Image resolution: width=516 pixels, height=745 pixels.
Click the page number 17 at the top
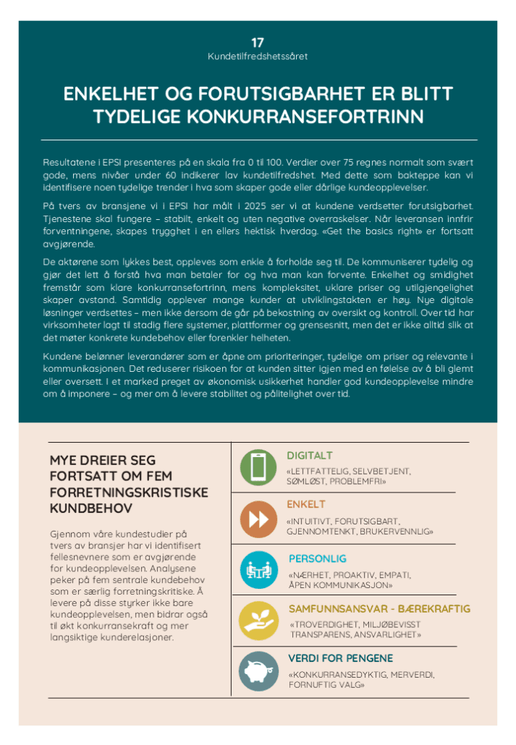(257, 43)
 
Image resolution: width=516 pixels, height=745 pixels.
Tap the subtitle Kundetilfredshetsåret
(258, 56)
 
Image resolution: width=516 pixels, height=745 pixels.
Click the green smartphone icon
(258, 467)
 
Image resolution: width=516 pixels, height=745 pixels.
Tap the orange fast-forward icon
(258, 519)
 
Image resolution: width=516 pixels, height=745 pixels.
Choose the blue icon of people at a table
(258, 569)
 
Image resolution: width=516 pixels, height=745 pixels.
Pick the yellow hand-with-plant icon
(258, 620)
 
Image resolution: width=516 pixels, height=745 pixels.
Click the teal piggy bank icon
(258, 668)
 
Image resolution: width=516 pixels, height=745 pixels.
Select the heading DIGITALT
(310, 456)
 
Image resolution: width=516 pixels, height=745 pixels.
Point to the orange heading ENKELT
(306, 504)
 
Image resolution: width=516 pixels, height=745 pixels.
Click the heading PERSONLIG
(317, 558)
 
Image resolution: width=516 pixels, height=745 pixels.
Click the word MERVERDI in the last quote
(413, 674)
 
